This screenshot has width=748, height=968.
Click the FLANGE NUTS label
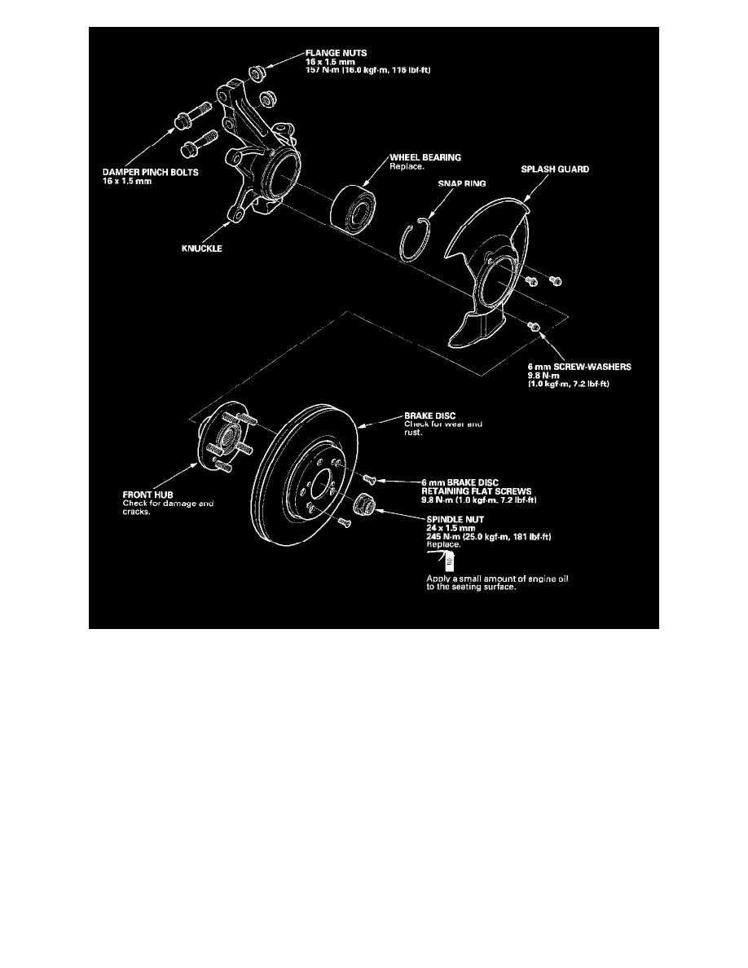(x=336, y=53)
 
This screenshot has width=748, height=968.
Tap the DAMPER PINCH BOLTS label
(x=151, y=172)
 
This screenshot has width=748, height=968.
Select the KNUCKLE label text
(x=202, y=249)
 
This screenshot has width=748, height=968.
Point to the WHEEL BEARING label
(x=425, y=157)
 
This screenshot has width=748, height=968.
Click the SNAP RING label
(x=462, y=183)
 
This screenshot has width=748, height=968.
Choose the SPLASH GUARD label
(x=555, y=169)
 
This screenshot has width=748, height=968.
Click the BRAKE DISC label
(x=429, y=416)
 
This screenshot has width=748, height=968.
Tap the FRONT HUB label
(x=147, y=495)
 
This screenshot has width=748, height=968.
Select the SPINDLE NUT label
(x=455, y=520)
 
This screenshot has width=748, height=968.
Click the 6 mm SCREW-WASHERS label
(x=579, y=367)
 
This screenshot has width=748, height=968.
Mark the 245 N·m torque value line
(x=489, y=536)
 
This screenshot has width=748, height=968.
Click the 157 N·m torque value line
(x=367, y=70)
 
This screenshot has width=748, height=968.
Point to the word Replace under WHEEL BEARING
(x=407, y=167)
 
